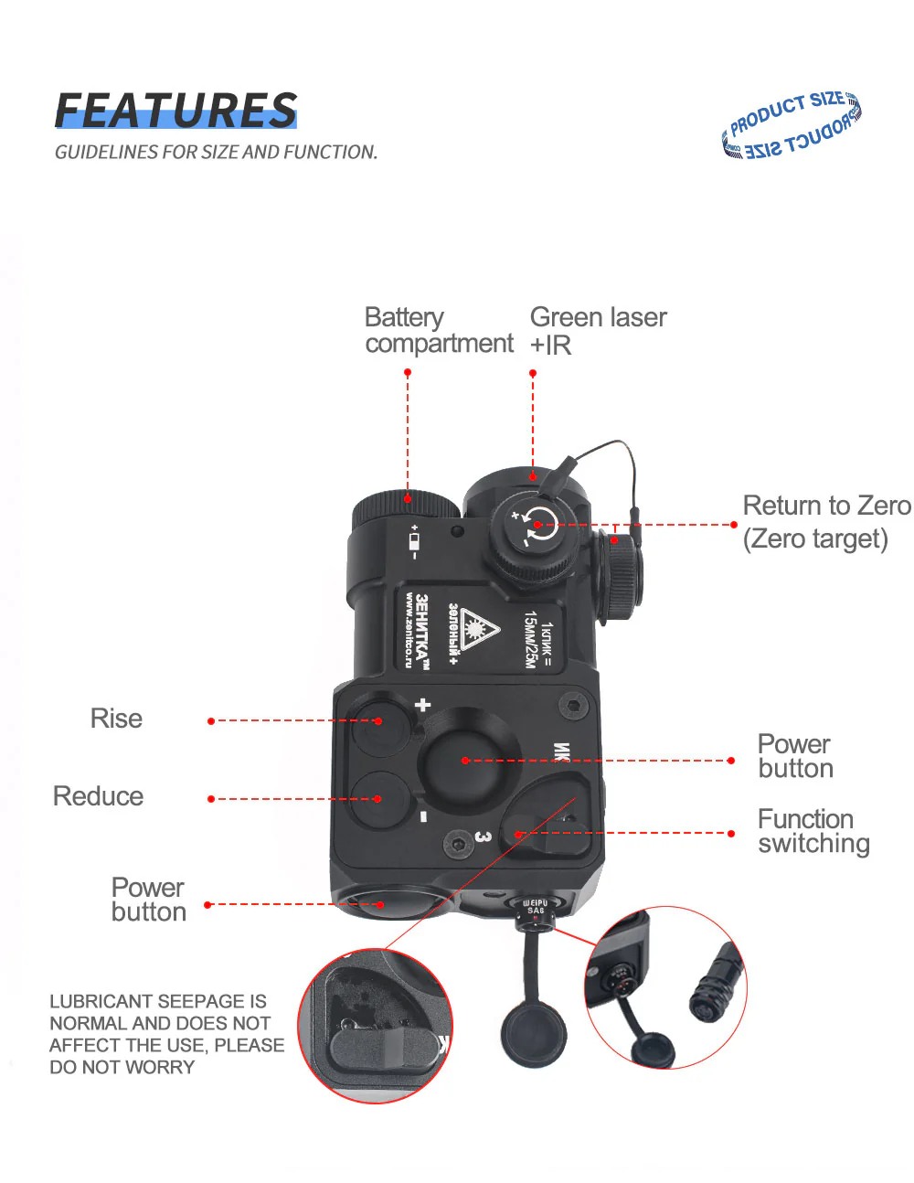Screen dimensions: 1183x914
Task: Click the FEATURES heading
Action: tap(175, 111)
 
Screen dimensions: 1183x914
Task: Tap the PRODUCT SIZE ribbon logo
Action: tap(792, 126)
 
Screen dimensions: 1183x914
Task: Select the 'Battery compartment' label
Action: tap(439, 330)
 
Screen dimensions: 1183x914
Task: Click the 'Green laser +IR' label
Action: tap(598, 330)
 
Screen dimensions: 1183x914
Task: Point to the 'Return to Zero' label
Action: tap(825, 506)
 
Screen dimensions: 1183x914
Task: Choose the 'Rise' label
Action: tap(116, 719)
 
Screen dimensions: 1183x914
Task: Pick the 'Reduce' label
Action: tap(98, 796)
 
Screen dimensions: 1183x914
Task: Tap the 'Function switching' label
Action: tap(813, 831)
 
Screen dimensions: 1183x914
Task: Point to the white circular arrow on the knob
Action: tap(538, 524)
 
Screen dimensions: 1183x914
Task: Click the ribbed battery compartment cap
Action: tap(406, 506)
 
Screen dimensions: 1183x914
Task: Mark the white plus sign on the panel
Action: tap(422, 705)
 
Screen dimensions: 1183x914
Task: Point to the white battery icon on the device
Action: tap(414, 542)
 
